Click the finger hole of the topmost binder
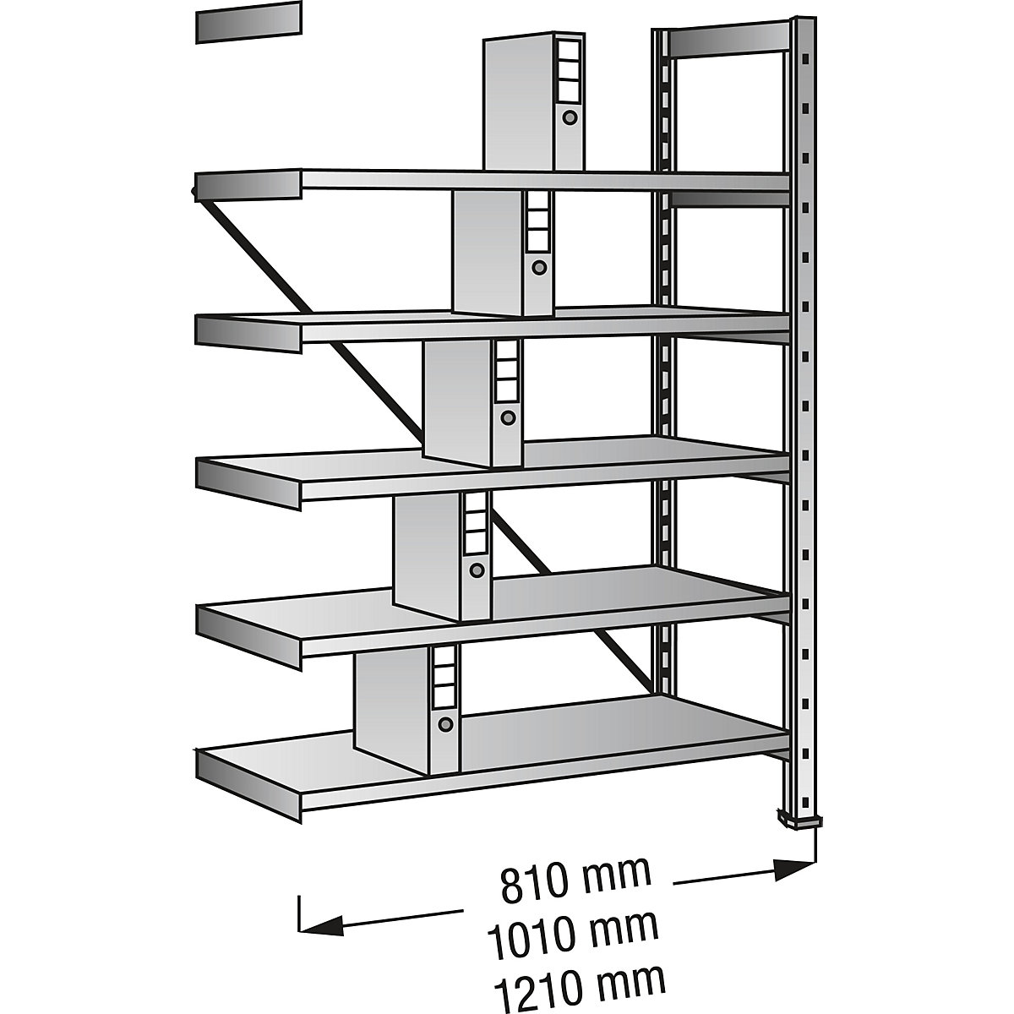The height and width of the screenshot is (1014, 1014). click(570, 117)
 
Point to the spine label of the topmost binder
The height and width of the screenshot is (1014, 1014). click(567, 67)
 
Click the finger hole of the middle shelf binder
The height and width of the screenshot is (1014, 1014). click(508, 417)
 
